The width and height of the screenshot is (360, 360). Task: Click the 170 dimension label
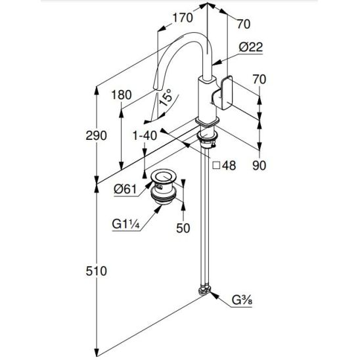pyautogui.click(x=183, y=18)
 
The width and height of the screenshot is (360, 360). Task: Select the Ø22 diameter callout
pyautogui.click(x=251, y=47)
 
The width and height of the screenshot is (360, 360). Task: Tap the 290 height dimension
pyautogui.click(x=96, y=135)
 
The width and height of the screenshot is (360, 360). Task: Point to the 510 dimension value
pyautogui.click(x=97, y=271)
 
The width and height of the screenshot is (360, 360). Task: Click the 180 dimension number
pyautogui.click(x=122, y=95)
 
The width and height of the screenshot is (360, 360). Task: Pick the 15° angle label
pyautogui.click(x=166, y=97)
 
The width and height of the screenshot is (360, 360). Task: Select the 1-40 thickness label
pyautogui.click(x=145, y=136)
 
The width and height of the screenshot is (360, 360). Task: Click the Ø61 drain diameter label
pyautogui.click(x=125, y=189)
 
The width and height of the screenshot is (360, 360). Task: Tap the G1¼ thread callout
pyautogui.click(x=126, y=224)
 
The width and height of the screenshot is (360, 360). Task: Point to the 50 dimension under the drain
pyautogui.click(x=183, y=228)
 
